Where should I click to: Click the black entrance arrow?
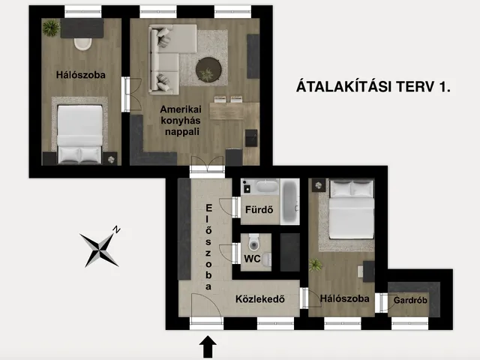(208, 346)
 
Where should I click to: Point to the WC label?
(252, 259)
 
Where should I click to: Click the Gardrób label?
(410, 301)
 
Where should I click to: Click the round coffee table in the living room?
(208, 70)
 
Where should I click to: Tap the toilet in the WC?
(253, 241)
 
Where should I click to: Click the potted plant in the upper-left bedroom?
(51, 28)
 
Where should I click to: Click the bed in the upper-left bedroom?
(79, 133)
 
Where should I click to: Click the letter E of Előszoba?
(208, 208)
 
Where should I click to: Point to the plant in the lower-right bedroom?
(316, 265)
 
